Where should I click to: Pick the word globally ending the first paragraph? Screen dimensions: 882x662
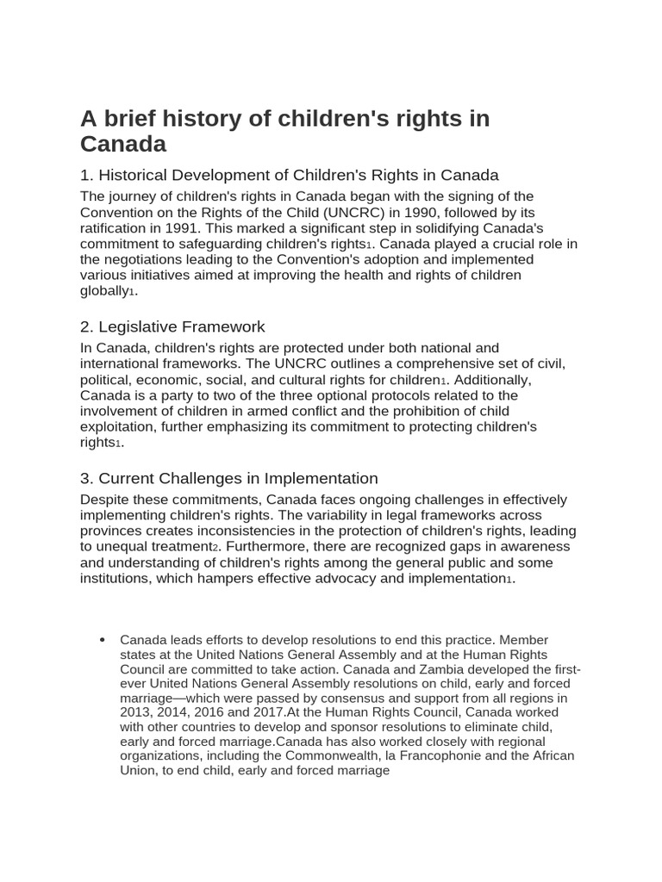tap(104, 291)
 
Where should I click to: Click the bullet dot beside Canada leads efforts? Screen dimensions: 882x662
tap(103, 640)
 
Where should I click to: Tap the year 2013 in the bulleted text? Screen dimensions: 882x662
tap(137, 712)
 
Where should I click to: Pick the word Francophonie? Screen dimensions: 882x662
tap(447, 756)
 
